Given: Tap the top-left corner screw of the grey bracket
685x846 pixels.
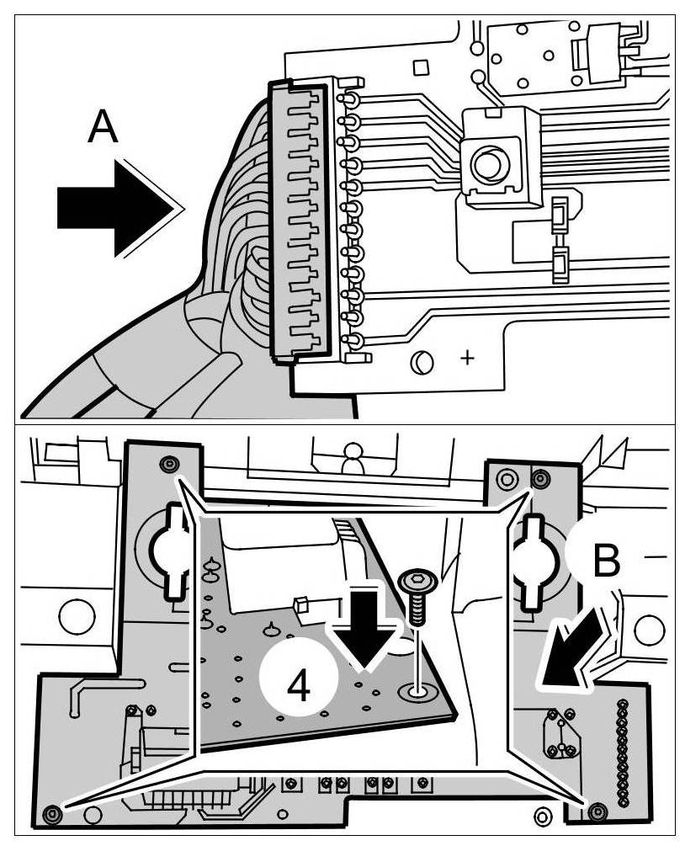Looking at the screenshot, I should coord(170,465).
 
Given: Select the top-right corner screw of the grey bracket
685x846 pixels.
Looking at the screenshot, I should coord(539,479).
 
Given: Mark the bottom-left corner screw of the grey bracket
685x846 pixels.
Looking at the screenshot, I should coord(53,812).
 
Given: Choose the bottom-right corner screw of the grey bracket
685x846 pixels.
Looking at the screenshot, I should coord(598,811).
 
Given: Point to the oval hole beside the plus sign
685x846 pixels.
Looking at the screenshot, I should coord(422,362).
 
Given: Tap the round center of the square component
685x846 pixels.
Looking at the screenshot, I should coord(486,164).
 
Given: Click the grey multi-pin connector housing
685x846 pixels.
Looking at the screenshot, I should coord(298,223).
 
